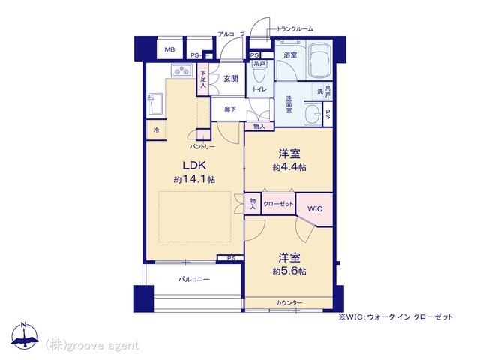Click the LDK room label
194,166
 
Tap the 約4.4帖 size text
289,167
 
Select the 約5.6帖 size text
289,271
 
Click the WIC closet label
315,209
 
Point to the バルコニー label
194,280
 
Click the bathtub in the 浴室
319,60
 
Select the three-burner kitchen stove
181,70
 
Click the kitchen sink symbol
155,103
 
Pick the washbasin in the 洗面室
313,113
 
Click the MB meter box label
169,49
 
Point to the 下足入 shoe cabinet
202,79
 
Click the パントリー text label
202,147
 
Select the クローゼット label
278,204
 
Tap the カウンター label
289,303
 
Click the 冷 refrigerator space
156,130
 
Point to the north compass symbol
25,336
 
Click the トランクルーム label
295,29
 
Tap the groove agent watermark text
91,346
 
